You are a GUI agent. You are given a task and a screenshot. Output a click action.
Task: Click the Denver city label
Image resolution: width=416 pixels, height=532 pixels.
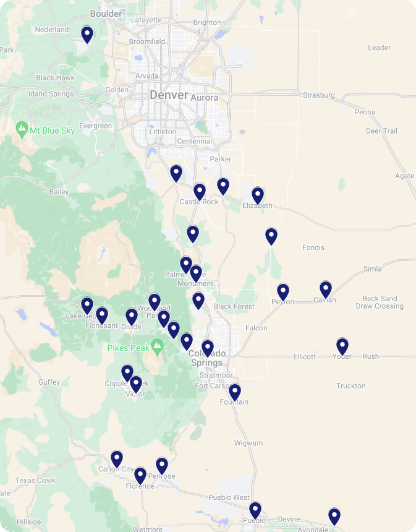coord(169,95)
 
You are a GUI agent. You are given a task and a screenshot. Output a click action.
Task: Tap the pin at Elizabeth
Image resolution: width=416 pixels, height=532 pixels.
coord(258,195)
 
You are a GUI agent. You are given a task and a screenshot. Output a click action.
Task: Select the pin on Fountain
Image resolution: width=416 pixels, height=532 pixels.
coord(235,392)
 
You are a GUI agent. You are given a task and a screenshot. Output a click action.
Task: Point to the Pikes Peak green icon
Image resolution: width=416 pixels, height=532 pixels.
coord(158,347)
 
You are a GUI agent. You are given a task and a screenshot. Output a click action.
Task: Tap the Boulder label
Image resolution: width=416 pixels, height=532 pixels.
coord(106,14)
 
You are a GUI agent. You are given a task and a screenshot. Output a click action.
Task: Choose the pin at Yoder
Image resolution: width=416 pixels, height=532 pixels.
coord(342,346)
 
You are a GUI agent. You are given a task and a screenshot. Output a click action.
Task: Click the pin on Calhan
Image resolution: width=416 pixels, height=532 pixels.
coord(326,290)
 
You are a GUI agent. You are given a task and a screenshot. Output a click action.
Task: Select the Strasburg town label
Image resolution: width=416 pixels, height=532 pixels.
coord(318,95)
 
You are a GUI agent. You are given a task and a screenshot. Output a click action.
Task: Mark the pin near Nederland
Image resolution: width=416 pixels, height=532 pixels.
coord(87,35)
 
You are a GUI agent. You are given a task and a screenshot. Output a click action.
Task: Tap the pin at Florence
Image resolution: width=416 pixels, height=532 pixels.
coord(140,476)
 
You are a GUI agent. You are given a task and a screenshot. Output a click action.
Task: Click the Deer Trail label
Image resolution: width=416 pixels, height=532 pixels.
coord(381,131)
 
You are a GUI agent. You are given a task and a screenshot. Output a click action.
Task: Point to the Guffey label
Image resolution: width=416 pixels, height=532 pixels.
coord(49,382)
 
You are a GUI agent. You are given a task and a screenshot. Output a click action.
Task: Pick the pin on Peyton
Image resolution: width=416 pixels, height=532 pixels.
coord(283,292)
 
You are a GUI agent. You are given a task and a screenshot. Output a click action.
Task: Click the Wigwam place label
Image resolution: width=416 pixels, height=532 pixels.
coord(248,443)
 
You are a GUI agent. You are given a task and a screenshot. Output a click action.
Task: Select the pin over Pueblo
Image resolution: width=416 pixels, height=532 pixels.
coord(255,510)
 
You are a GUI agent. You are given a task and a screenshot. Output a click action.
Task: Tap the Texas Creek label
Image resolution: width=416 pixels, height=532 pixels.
coord(36,481)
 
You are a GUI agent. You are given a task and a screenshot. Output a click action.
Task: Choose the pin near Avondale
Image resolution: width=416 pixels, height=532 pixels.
coord(334,516)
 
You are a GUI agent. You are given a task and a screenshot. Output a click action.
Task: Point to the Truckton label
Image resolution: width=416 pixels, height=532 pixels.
coord(350,386)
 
